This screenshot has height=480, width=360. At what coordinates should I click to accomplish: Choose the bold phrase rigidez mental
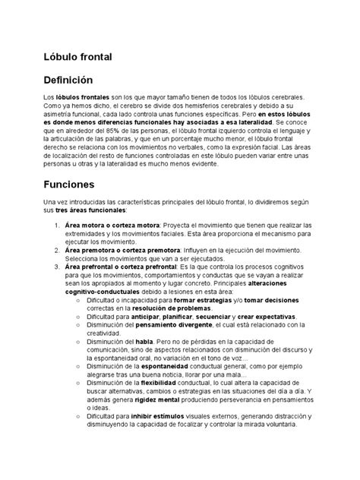(x=156, y=399)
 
